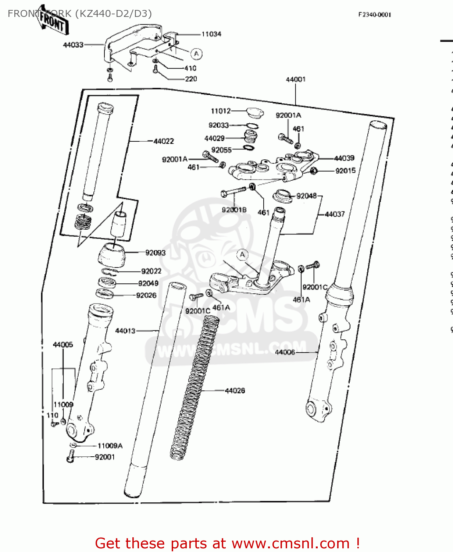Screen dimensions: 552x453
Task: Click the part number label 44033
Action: pyautogui.click(x=73, y=45)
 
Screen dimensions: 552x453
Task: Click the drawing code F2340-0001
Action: pyautogui.click(x=375, y=15)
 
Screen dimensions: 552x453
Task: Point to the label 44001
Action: pyautogui.click(x=296, y=79)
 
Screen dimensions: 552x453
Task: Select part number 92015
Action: pyautogui.click(x=345, y=171)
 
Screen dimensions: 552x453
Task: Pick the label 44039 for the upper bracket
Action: pyautogui.click(x=344, y=158)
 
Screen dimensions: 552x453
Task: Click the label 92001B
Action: pyautogui.click(x=234, y=210)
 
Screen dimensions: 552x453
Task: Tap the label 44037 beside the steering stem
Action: pyautogui.click(x=335, y=214)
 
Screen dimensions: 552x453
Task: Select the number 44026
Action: pyautogui.click(x=235, y=391)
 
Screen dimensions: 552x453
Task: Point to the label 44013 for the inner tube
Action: pyautogui.click(x=125, y=331)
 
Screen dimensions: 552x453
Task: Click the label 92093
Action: pyautogui.click(x=155, y=253)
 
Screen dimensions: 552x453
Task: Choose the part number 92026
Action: pyautogui.click(x=146, y=296)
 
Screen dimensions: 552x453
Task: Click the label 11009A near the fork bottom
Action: pyautogui.click(x=110, y=446)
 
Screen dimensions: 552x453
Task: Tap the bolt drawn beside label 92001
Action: pyautogui.click(x=71, y=458)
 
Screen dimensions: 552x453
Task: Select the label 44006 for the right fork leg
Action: pyautogui.click(x=285, y=353)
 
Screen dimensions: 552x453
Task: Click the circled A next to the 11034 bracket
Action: pyautogui.click(x=196, y=54)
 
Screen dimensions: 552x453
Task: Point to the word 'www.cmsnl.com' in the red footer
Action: pyautogui.click(x=290, y=544)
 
